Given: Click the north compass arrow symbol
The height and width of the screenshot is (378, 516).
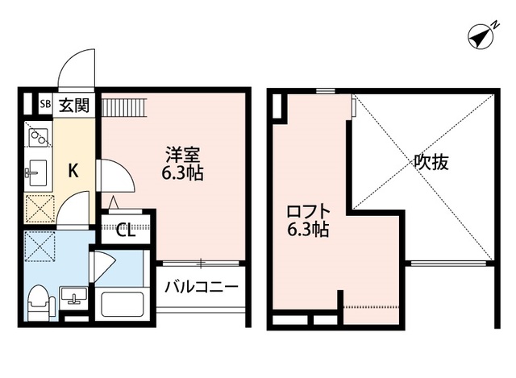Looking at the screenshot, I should pyautogui.click(x=481, y=36).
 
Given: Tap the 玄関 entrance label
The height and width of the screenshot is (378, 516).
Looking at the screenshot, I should pyautogui.click(x=77, y=104).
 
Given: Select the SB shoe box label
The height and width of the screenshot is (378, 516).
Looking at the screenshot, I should pyautogui.click(x=46, y=105).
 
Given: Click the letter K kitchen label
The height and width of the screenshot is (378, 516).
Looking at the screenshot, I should pyautogui.click(x=72, y=170).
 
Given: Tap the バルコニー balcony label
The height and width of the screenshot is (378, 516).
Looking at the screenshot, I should pyautogui.click(x=202, y=287).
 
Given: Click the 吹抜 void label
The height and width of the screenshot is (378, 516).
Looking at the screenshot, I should pyautogui.click(x=431, y=162).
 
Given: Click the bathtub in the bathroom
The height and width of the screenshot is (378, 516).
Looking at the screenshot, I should pyautogui.click(x=121, y=305).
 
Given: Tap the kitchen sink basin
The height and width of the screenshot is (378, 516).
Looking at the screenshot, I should pyautogui.click(x=37, y=171).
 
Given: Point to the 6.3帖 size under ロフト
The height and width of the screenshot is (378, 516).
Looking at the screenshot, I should pyautogui.click(x=308, y=231).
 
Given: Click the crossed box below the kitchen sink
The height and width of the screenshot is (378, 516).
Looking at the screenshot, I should pyautogui.click(x=38, y=209).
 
